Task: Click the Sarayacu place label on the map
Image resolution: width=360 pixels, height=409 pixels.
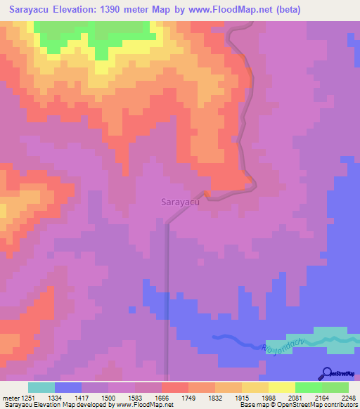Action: click(181, 202)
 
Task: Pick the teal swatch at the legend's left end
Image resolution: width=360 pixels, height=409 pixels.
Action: click(41, 387)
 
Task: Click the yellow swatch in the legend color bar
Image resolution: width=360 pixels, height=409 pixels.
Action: click(255, 387)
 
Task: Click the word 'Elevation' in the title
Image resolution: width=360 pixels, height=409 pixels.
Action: click(74, 10)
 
